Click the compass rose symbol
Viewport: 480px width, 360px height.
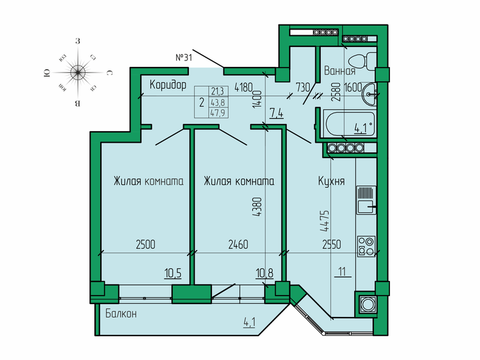click(77, 72)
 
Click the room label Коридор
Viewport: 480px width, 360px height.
click(168, 85)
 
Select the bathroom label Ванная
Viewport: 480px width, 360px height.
click(340, 71)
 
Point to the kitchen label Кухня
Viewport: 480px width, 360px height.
click(331, 181)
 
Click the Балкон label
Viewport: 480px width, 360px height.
click(121, 313)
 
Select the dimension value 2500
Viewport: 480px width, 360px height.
click(145, 244)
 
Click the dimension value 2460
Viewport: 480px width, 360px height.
click(239, 244)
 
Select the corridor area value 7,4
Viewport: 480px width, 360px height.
click(276, 114)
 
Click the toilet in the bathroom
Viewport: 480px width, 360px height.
click(368, 61)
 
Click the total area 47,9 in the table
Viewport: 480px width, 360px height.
click(217, 112)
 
